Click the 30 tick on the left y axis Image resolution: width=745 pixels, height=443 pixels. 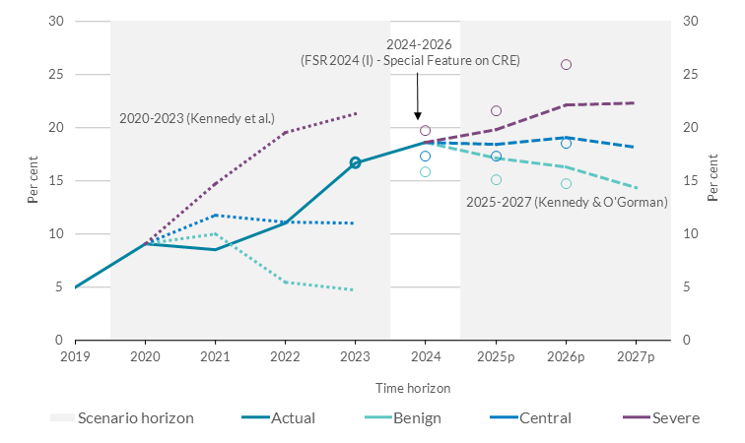(57, 22)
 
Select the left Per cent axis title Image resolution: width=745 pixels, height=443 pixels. (33, 181)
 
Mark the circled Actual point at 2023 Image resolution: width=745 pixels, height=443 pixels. (356, 162)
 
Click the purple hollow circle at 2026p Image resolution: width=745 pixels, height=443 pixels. (566, 65)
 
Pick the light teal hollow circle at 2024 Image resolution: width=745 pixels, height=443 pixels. (426, 172)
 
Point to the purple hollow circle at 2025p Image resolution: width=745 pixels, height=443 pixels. (496, 111)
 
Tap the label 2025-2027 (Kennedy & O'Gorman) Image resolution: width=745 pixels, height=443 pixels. (566, 202)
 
